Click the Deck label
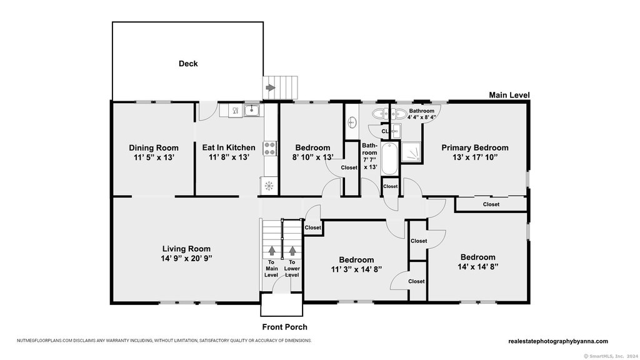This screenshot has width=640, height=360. point(188,64)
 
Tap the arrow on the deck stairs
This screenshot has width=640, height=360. point(271,87)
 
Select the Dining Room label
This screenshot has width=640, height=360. point(154,147)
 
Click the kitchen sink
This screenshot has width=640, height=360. point(252,110)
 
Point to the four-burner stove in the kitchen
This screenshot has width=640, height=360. point(269,148)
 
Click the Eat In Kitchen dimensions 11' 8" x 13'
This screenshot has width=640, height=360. point(229,157)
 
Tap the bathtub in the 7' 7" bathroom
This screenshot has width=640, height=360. point(389,159)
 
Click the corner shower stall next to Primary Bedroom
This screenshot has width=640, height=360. point(411,152)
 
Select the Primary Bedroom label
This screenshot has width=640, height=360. point(475,147)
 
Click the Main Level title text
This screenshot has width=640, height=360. point(509,95)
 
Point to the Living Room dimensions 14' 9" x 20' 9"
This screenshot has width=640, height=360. point(186,258)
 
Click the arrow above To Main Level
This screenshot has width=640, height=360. point(271,250)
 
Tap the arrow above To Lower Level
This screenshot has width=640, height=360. point(292,250)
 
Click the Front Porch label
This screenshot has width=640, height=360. point(284,327)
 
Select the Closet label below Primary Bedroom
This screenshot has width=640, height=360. point(491,204)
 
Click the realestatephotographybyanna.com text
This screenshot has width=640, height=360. point(558,341)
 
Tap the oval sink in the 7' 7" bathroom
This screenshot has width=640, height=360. point(352,122)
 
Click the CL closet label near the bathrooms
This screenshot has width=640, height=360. point(385,131)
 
